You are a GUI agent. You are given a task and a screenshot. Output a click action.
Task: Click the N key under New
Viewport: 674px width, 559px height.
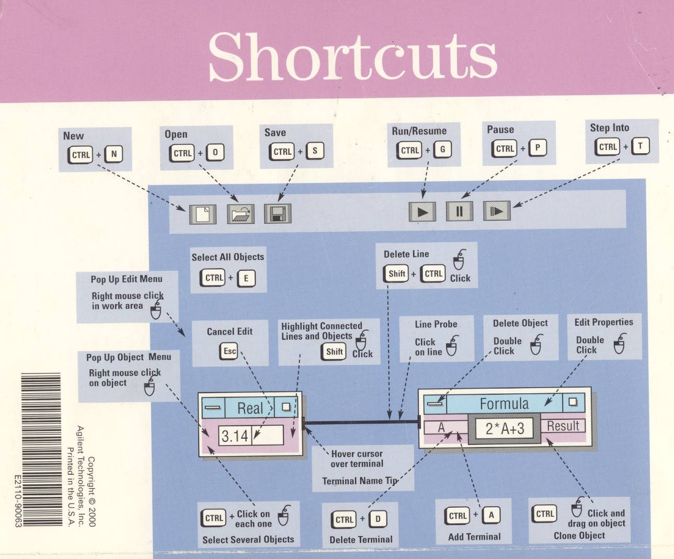[x=114, y=154]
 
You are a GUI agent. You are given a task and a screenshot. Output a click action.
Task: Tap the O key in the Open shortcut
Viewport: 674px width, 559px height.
[x=215, y=153]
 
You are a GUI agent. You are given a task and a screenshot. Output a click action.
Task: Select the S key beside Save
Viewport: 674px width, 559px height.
[x=315, y=151]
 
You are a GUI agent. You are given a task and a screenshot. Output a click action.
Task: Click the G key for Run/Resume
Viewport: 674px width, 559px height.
[x=442, y=150]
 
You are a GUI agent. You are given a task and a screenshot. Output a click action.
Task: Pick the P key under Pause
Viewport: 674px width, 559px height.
[x=538, y=148]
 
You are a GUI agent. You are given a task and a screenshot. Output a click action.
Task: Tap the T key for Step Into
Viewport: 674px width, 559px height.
[x=640, y=146]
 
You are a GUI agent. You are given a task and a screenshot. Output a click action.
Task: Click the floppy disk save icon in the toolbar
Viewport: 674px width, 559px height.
[x=277, y=213]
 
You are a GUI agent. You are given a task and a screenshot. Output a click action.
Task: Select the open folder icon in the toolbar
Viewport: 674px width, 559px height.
[x=241, y=214]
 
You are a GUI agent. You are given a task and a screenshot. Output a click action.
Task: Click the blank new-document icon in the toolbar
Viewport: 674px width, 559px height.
[x=203, y=214]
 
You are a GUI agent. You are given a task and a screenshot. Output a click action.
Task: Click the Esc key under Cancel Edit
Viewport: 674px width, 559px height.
[x=229, y=351]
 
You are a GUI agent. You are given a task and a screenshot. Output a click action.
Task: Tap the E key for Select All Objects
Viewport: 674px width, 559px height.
[x=246, y=278]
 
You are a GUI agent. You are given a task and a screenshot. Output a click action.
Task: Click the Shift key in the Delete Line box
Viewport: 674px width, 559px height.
[x=396, y=273]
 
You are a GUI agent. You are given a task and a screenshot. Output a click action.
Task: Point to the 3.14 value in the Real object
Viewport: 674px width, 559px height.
[x=235, y=436]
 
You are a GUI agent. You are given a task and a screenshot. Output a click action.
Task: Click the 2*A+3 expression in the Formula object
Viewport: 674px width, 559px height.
[x=504, y=429]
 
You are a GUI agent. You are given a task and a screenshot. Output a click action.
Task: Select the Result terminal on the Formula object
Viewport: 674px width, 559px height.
[x=563, y=426]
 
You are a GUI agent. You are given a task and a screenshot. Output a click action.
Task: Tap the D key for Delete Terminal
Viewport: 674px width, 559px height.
[x=378, y=519]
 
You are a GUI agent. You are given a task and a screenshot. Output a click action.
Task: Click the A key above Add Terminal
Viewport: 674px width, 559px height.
[x=491, y=515]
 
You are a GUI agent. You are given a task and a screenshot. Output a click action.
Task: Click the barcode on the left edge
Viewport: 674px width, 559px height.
[x=41, y=450]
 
